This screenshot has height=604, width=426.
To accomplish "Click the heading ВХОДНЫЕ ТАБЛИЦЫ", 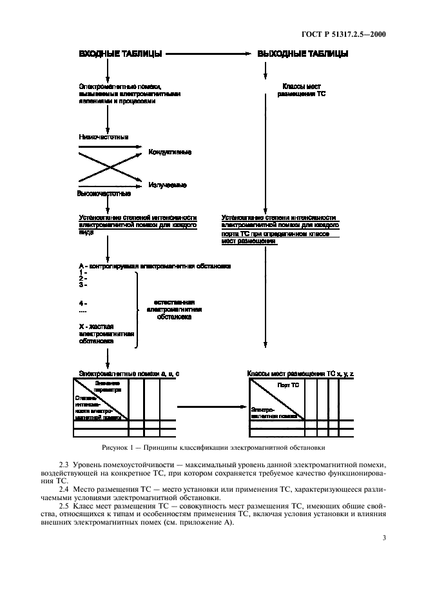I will (x=119, y=54).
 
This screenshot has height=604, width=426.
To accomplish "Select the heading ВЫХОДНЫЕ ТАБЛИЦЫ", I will (x=303, y=54).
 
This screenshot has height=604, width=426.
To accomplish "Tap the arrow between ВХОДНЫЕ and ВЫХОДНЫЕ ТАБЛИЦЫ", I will (x=206, y=54).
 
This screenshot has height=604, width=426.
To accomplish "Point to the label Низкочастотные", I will (x=103, y=137).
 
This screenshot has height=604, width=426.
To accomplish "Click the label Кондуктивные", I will (x=169, y=152).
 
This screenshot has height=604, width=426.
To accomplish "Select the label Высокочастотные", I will (x=104, y=194).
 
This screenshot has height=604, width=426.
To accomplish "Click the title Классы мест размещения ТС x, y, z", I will (x=300, y=374).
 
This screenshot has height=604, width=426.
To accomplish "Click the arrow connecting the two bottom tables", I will (x=213, y=407).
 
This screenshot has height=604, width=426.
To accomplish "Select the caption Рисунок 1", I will (x=213, y=447).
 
